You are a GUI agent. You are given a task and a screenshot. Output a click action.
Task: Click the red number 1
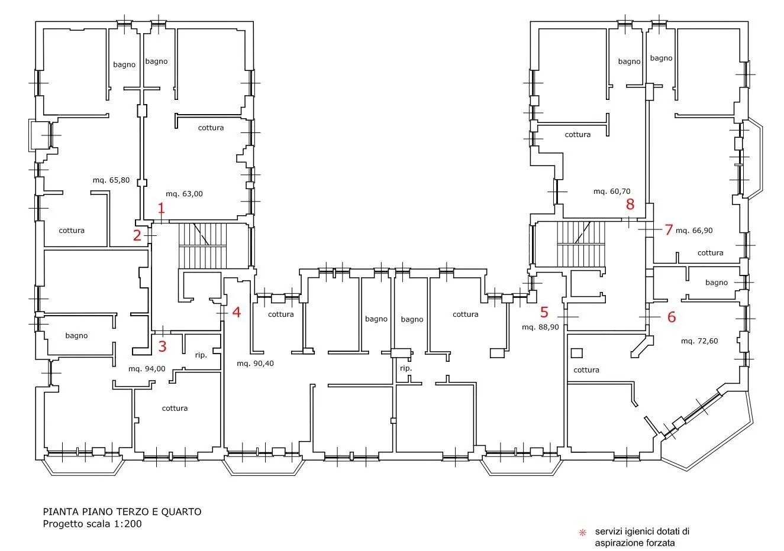[161, 208]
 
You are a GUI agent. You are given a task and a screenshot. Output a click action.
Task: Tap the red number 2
[137, 235]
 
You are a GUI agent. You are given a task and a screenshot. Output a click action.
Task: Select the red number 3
[162, 346]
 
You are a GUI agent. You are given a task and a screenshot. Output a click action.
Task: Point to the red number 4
[237, 312]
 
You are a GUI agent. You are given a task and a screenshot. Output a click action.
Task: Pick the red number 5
[544, 312]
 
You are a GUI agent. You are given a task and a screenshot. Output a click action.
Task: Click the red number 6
[672, 317]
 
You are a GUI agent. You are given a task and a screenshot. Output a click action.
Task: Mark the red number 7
[669, 230]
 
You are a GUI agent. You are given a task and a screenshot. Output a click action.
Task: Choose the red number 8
[630, 204]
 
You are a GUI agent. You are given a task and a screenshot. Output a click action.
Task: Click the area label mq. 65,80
[111, 180]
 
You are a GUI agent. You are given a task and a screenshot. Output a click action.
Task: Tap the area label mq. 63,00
[184, 194]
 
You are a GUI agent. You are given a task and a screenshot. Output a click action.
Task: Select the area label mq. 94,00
[147, 369]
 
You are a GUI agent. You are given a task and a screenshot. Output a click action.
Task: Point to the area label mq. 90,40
[255, 364]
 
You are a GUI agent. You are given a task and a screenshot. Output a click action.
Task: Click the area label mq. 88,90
[540, 328]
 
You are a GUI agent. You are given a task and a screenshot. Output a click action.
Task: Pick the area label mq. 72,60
[699, 341]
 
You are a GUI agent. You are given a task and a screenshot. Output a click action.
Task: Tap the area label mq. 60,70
[612, 192]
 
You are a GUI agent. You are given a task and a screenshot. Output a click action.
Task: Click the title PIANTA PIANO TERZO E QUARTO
[122, 512]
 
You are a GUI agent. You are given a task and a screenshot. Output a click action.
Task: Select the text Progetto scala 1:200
[92, 524]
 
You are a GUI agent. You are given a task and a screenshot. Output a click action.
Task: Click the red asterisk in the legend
[582, 533]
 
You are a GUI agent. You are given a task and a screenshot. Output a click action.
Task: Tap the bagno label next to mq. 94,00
[76, 336]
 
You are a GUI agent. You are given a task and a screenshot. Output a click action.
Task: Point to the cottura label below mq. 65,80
[72, 231]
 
